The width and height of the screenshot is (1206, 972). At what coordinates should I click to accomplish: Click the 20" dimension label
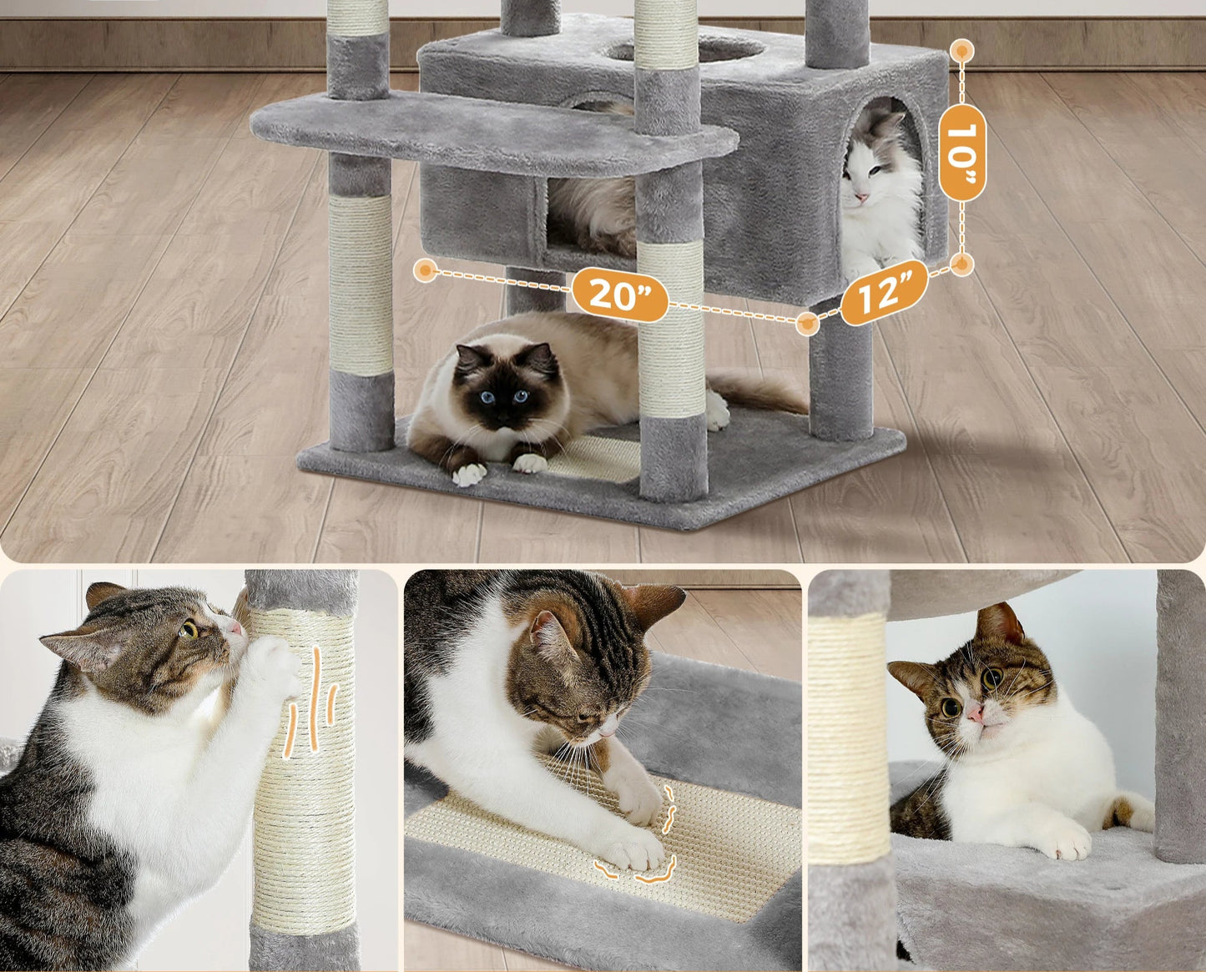point(619,294)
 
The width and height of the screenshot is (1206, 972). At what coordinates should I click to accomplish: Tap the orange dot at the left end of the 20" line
point(426,270)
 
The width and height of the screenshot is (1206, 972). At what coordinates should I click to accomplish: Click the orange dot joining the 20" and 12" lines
point(807,323)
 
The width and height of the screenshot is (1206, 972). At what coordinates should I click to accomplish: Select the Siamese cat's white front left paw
point(468,475)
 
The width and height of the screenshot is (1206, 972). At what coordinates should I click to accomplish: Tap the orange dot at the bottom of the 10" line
point(962,265)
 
